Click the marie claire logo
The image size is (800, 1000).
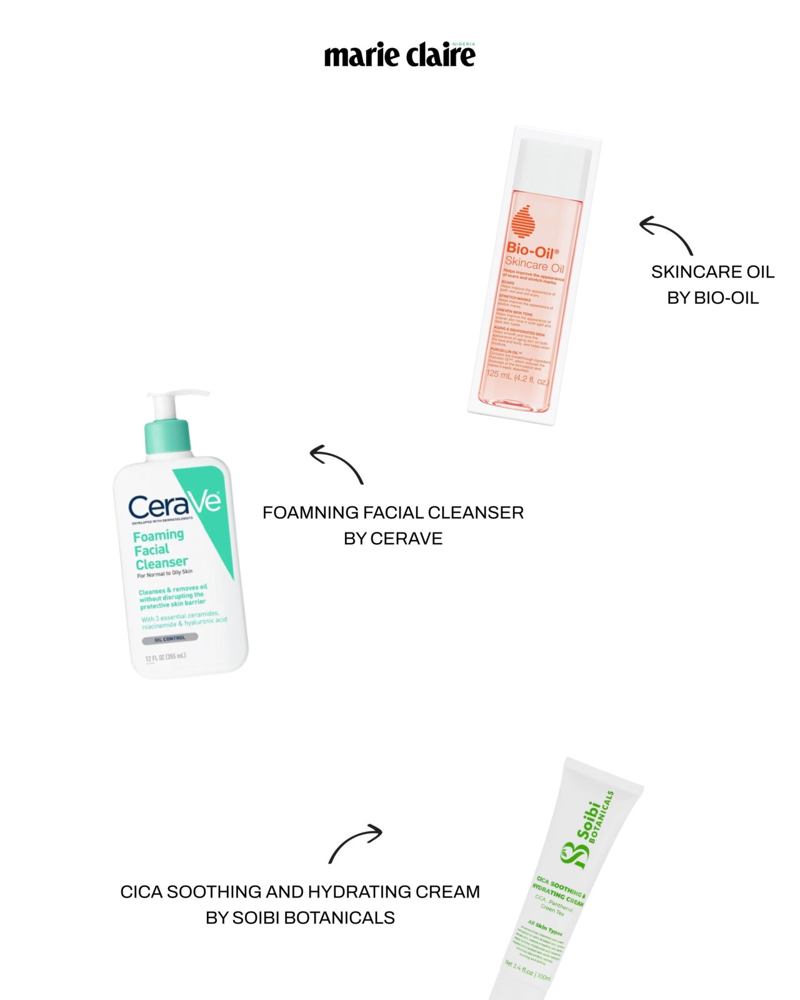[399, 55]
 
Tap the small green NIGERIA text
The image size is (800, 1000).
[463, 44]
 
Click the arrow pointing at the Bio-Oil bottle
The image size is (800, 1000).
[666, 234]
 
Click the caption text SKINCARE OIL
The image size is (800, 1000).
[712, 272]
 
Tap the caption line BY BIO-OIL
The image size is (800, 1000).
[712, 298]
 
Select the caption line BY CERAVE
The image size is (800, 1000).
[393, 539]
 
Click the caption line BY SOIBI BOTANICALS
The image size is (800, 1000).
[300, 917]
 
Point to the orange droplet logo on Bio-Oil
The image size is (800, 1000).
[524, 222]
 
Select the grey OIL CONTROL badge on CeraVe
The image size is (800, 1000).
[169, 639]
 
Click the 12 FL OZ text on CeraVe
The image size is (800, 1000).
[165, 657]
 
